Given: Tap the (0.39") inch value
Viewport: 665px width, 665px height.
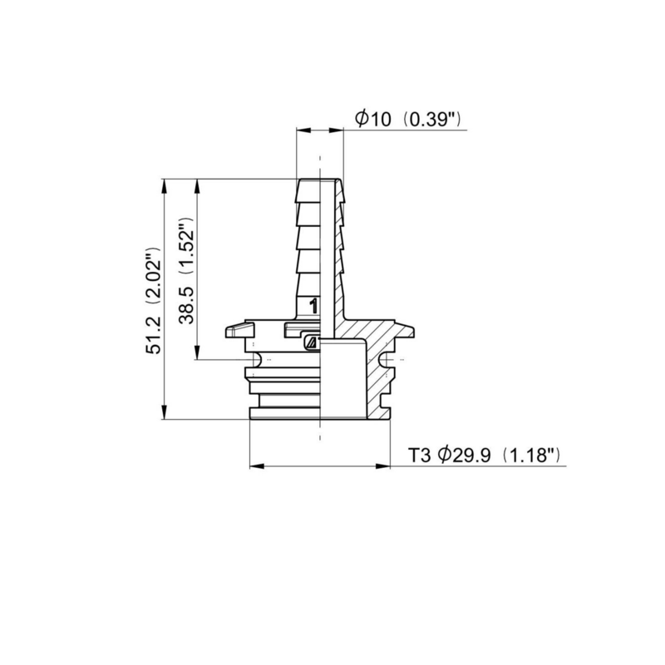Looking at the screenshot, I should [431, 120].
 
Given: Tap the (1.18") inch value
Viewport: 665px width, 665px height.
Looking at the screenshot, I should [535, 456].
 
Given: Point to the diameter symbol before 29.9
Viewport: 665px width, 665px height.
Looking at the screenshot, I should [446, 456].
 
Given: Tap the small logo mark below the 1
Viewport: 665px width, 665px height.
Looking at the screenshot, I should [311, 341].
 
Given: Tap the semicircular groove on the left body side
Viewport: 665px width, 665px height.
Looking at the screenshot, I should [257, 358].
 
